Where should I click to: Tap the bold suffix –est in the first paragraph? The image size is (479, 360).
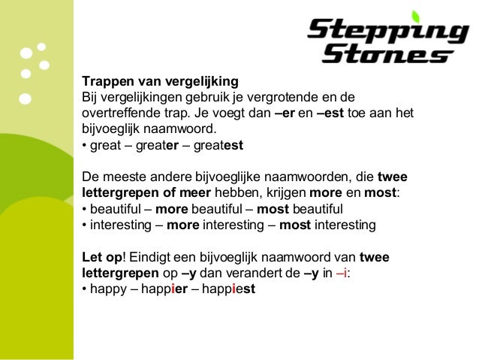[x=330, y=113]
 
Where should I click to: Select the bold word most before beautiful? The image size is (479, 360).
[x=273, y=209]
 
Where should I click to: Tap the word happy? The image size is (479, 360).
[x=108, y=289]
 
